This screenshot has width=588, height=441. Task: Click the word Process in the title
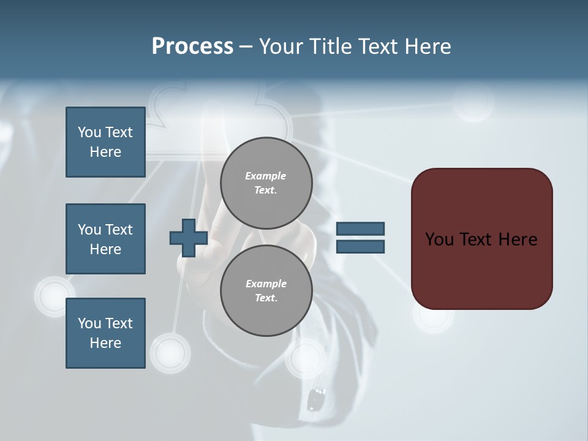pyautogui.click(x=192, y=47)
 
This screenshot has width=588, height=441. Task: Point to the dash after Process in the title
pyautogui.click(x=246, y=47)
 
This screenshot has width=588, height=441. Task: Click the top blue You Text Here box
pyautogui.click(x=105, y=142)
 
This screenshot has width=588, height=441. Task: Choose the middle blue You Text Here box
pyautogui.click(x=105, y=239)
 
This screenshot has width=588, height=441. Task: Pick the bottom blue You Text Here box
pyautogui.click(x=105, y=333)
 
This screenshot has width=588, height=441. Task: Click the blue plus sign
pyautogui.click(x=188, y=238)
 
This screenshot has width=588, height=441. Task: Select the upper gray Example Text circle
pyautogui.click(x=266, y=183)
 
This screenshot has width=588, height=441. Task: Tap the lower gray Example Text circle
pyautogui.click(x=266, y=291)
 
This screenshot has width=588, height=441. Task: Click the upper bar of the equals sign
pyautogui.click(x=360, y=228)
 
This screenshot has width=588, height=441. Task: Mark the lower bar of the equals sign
pyautogui.click(x=360, y=247)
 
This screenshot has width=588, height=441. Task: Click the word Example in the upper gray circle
pyautogui.click(x=266, y=176)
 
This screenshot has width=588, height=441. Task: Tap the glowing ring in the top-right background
pyautogui.click(x=474, y=103)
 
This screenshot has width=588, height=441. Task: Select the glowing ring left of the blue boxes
pyautogui.click(x=54, y=296)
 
